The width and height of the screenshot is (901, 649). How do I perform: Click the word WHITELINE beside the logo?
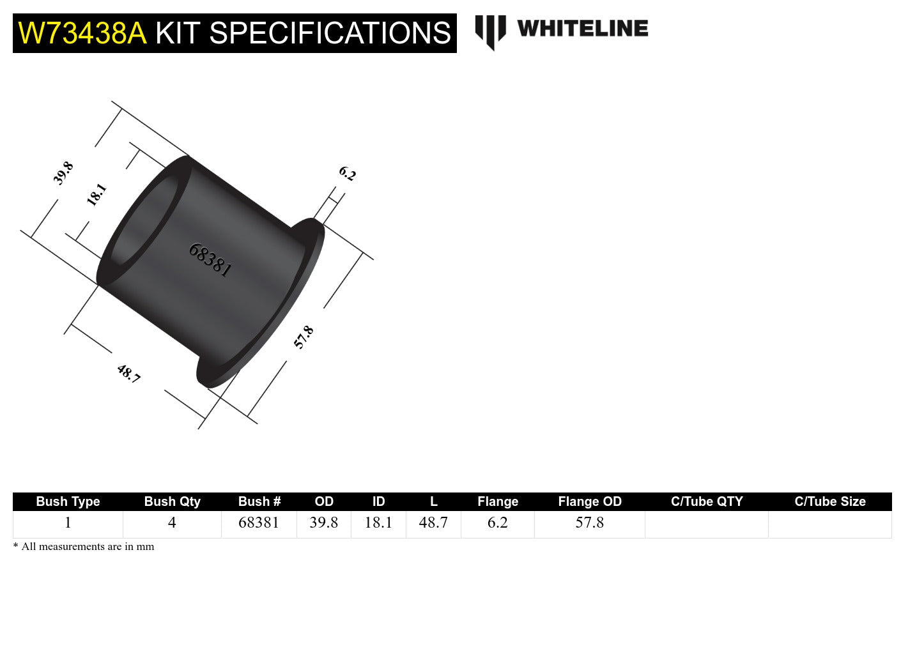click(x=582, y=29)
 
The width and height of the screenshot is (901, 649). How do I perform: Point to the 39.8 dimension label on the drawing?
click(x=63, y=173)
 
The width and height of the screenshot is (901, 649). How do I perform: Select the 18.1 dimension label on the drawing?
click(x=96, y=195)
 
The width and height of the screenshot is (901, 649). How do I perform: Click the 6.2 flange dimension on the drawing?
click(x=347, y=173)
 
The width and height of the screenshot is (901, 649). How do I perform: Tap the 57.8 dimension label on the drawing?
click(x=304, y=337)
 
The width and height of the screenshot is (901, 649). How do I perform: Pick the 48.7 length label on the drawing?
click(x=128, y=373)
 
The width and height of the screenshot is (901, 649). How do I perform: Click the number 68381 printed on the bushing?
click(x=210, y=260)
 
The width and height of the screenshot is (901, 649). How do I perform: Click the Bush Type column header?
click(x=68, y=501)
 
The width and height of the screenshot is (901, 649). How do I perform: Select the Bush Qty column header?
click(x=172, y=501)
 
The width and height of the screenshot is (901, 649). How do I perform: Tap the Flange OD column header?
click(x=589, y=501)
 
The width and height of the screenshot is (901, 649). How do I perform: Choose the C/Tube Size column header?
click(x=829, y=501)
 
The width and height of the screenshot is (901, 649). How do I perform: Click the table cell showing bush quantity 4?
click(x=172, y=523)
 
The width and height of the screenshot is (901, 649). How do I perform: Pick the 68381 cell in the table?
click(x=259, y=523)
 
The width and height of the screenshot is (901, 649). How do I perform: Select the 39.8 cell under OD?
click(x=323, y=523)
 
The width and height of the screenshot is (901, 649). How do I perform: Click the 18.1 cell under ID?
click(x=378, y=523)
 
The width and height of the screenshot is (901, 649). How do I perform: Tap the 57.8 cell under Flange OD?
click(x=589, y=523)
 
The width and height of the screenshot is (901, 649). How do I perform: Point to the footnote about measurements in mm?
click(x=84, y=547)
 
